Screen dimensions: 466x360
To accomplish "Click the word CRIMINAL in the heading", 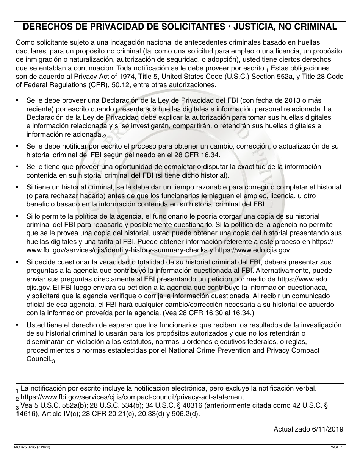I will click(312, 27).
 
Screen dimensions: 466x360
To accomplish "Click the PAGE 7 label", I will click(336, 447).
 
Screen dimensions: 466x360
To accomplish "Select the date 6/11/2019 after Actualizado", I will click(329, 429).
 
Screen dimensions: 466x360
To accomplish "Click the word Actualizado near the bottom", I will click(291, 429).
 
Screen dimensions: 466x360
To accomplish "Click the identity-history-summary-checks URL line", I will click(117, 250).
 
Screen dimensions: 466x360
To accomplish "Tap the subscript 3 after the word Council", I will click(53, 361).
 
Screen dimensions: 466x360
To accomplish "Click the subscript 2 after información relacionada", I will click(105, 136).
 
